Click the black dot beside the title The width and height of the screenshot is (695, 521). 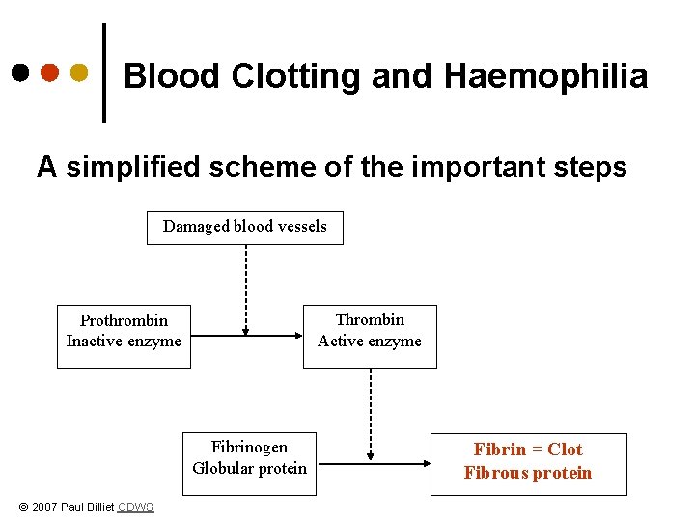coord(20,72)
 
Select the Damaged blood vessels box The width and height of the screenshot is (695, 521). coord(245,227)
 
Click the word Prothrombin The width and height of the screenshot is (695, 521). coord(124,320)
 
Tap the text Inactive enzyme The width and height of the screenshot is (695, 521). coord(124,341)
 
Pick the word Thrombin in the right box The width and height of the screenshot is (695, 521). coord(370,319)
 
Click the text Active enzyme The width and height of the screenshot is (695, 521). coord(370,341)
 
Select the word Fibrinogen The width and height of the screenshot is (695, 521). coord(249,447)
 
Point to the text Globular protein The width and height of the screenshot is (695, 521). coord(249,468)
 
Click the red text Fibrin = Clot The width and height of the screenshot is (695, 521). coord(528,450)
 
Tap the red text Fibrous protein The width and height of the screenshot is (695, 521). coord(528,473)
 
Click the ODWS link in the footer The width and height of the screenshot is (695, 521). coord(135,507)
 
